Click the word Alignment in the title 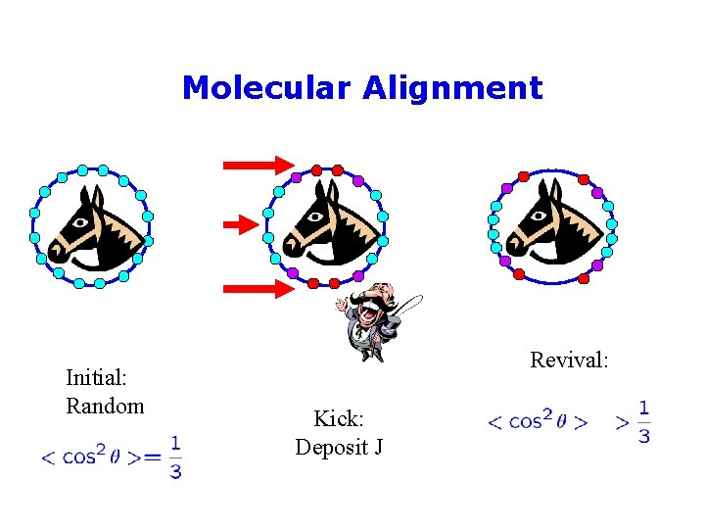(x=452, y=88)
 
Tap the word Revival (x=569, y=360)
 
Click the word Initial (x=99, y=377)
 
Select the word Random (x=105, y=406)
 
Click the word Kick (x=339, y=419)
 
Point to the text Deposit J (x=339, y=448)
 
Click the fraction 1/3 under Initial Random (x=174, y=457)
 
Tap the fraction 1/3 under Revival (x=643, y=422)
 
